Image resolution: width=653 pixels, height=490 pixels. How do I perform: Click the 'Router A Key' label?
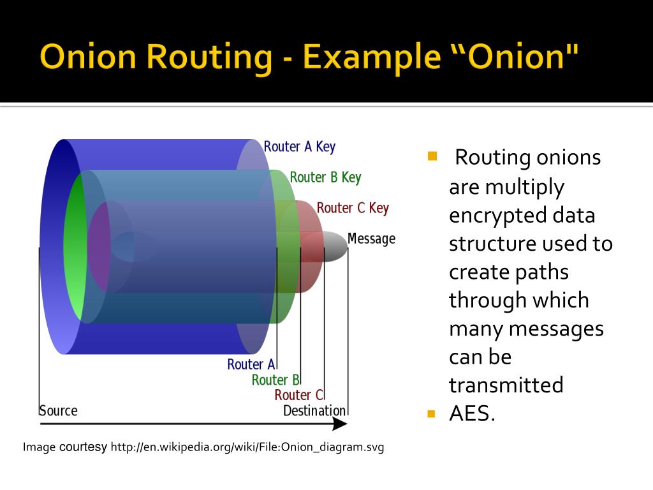pos(299,147)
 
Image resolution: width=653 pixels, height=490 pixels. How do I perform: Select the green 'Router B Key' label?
pos(325,177)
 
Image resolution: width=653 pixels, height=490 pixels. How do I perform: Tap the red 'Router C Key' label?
pos(353,208)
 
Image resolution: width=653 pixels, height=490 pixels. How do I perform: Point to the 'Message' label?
pos(371,239)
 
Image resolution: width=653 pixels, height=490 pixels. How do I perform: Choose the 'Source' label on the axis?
pos(58,410)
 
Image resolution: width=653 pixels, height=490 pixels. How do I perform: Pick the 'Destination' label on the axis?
pos(314,410)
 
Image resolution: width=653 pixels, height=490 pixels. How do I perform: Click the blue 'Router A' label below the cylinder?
pos(251,364)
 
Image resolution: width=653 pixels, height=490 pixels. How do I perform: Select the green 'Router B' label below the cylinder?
pos(275,380)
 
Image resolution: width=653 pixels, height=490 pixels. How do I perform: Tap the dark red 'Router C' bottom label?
pos(298,395)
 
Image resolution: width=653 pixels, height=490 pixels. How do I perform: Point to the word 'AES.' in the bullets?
pos(472,413)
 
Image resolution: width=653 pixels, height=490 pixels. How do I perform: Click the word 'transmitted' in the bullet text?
pos(506,385)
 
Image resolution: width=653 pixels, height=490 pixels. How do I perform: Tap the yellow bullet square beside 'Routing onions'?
pos(432,155)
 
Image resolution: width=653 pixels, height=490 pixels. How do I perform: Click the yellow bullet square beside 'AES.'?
pos(431,413)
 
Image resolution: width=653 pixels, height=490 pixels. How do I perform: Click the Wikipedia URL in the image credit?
pos(247,447)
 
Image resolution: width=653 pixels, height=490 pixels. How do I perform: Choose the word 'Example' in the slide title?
pos(372,57)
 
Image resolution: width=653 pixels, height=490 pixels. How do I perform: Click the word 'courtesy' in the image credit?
pos(83,447)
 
